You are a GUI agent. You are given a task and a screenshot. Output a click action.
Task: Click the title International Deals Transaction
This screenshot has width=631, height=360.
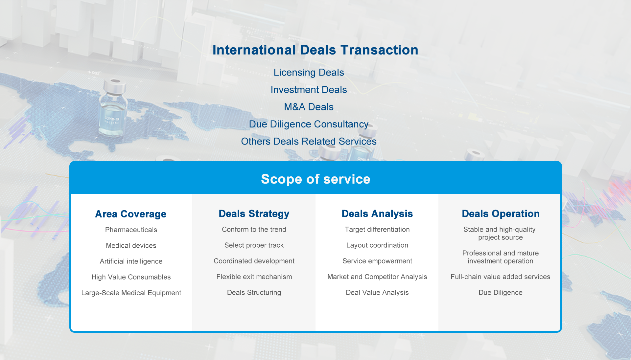click(x=315, y=50)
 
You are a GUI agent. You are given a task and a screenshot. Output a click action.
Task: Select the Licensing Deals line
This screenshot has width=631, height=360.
click(x=309, y=73)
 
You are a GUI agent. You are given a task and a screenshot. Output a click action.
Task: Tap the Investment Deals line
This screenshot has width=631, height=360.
click(x=309, y=90)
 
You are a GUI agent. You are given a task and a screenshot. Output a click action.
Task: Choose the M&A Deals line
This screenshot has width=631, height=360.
click(x=309, y=107)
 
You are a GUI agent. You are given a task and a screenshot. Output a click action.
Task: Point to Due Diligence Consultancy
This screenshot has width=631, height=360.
click(x=309, y=124)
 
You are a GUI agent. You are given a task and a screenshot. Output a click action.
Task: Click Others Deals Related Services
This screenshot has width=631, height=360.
click(x=309, y=141)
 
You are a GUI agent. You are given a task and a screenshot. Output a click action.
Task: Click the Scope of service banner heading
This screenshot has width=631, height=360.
click(x=315, y=179)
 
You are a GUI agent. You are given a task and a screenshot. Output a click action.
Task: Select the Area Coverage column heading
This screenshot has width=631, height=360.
click(x=131, y=214)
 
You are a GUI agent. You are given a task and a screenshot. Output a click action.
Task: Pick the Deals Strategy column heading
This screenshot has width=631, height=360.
click(x=254, y=214)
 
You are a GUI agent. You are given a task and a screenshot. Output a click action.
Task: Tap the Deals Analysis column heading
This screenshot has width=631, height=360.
click(x=377, y=214)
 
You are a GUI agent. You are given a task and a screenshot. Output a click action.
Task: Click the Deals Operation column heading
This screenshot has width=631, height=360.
click(x=501, y=214)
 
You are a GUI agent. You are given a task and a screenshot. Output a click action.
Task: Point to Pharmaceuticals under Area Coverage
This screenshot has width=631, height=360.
click(x=131, y=230)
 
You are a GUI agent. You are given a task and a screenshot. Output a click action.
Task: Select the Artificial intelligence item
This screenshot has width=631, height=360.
click(x=131, y=261)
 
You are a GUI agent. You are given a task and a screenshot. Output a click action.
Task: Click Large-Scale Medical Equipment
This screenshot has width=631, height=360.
click(x=131, y=293)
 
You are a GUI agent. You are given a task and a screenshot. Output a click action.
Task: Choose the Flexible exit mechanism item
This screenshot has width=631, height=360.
click(x=254, y=277)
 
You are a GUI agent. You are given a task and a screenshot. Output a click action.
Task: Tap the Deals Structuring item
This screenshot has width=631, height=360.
click(x=254, y=293)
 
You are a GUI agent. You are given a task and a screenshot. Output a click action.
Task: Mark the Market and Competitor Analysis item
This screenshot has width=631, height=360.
click(x=377, y=277)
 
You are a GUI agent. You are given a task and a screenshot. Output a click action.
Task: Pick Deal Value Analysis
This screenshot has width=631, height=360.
click(x=377, y=293)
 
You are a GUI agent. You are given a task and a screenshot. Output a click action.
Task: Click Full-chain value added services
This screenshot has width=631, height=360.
click(x=501, y=277)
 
